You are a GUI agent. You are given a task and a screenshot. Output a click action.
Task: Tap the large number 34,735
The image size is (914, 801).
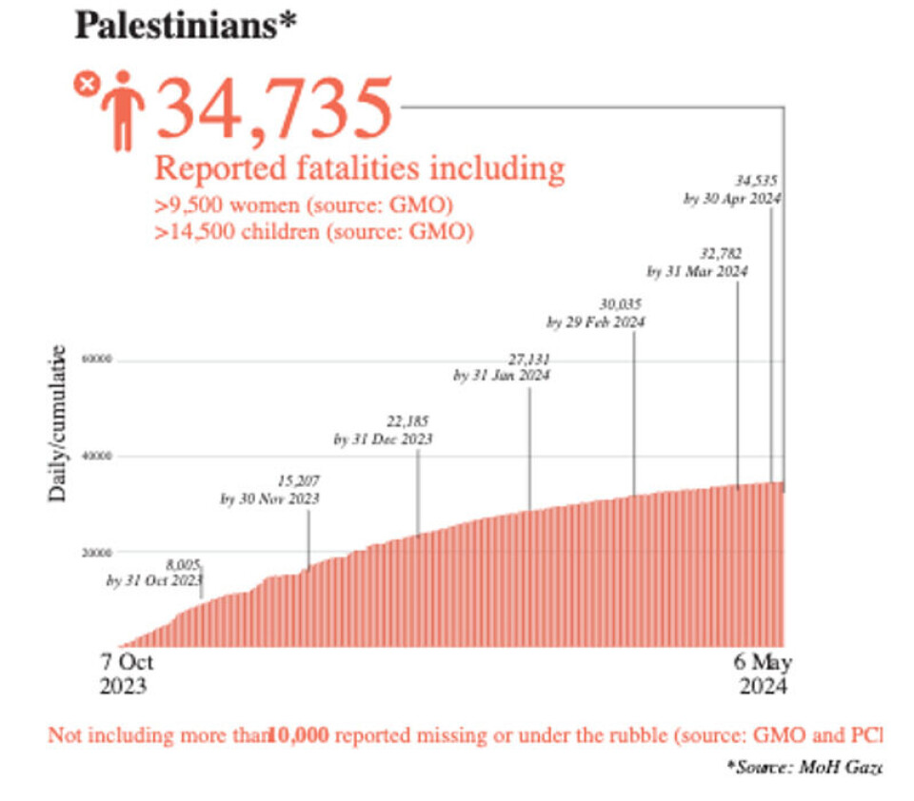274,107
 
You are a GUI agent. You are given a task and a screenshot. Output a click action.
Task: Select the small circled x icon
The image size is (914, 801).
86,84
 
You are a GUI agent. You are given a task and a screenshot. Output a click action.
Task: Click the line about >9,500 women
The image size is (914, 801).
303,205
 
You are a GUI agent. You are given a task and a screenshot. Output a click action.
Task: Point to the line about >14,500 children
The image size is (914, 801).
314,231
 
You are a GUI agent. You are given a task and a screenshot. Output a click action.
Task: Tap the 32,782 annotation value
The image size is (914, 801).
720,253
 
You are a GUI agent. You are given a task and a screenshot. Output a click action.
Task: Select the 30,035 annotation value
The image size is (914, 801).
622,304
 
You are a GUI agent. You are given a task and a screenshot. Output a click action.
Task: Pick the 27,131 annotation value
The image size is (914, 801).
528,359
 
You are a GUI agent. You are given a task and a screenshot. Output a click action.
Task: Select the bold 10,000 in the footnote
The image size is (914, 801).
300,735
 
